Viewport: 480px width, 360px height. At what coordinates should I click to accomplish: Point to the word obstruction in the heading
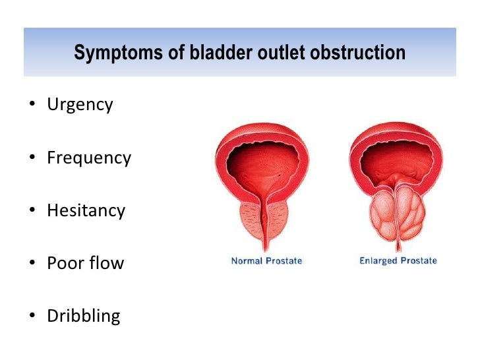tap(356, 52)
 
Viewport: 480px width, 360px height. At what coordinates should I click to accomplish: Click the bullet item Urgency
tap(80, 105)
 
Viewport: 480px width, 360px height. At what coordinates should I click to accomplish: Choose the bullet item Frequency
tap(89, 158)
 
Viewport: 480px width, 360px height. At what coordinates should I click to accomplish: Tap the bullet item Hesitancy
tap(86, 210)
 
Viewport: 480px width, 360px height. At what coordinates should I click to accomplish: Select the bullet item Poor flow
tap(85, 263)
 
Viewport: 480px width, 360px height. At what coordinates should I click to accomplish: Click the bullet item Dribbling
tap(83, 316)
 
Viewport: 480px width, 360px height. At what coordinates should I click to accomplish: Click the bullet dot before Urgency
tap(31, 105)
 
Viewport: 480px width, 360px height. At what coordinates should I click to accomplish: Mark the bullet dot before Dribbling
tap(31, 316)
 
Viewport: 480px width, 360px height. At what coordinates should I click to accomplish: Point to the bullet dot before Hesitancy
tap(31, 211)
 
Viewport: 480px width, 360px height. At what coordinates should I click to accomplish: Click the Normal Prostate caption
tap(266, 261)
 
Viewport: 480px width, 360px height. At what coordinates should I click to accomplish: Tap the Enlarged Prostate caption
tap(398, 261)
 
